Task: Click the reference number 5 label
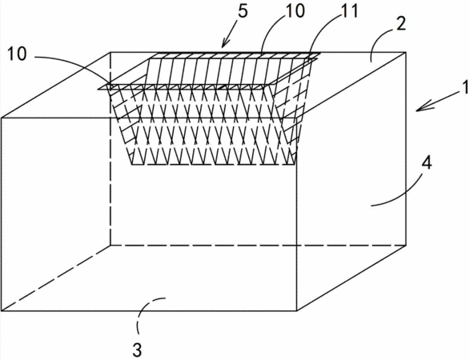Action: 243,11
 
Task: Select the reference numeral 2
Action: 400,24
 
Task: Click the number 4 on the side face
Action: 427,164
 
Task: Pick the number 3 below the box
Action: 137,350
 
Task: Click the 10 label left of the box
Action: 17,54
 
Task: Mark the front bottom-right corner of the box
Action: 297,310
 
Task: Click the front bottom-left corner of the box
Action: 2,310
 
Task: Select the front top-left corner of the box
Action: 2,118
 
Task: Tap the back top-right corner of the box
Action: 406,53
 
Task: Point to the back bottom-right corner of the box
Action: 406,246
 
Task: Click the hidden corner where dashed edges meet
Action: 111,246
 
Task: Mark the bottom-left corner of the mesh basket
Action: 132,165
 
